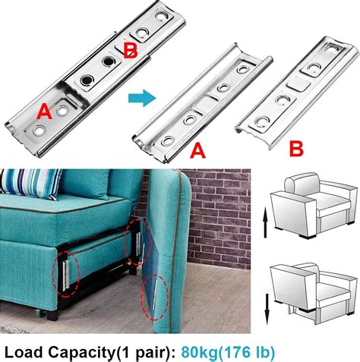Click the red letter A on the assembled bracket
44,112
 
